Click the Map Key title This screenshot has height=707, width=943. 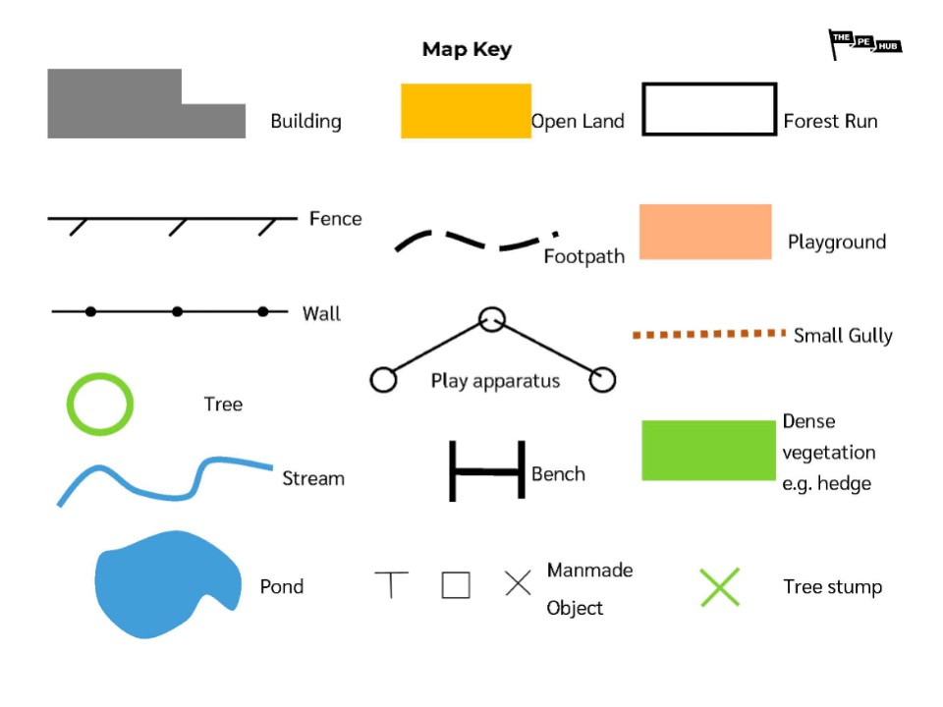click(x=467, y=49)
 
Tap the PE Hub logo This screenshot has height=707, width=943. click(x=863, y=43)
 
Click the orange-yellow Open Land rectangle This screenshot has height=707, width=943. click(x=466, y=110)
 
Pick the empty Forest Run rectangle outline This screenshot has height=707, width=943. click(x=708, y=108)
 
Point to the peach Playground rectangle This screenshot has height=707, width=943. click(x=705, y=232)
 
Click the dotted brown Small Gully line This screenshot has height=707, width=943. click(x=709, y=335)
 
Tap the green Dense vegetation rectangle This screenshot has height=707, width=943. click(x=708, y=451)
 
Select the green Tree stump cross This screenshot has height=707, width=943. click(x=719, y=587)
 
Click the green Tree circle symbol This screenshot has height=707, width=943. click(x=99, y=403)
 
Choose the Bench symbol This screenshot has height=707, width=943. click(x=487, y=471)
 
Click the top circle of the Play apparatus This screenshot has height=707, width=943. click(x=491, y=319)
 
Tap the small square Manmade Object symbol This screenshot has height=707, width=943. click(x=455, y=585)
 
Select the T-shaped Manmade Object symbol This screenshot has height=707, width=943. click(x=391, y=584)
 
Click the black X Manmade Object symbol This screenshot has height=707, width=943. click(x=518, y=583)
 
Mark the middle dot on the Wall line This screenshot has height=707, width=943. click(x=177, y=311)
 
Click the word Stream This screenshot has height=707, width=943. click(x=313, y=479)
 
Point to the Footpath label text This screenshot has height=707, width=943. click(x=584, y=257)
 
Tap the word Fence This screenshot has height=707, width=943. click(x=335, y=219)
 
